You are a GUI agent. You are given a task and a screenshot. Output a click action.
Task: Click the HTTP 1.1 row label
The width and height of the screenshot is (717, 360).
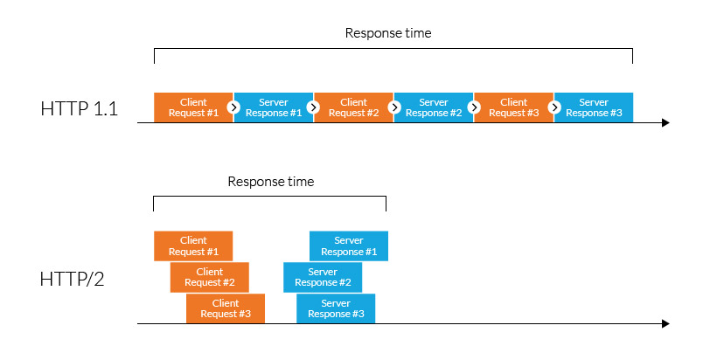(x=79, y=109)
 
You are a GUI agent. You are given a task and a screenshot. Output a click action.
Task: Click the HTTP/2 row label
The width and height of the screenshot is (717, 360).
(x=72, y=280)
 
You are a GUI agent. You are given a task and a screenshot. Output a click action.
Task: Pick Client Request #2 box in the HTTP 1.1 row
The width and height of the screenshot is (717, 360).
(x=353, y=107)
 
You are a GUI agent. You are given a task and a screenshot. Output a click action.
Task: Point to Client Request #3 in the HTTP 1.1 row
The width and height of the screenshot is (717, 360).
(x=513, y=107)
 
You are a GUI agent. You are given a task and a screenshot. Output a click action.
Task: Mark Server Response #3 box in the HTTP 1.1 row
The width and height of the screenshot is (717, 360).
(x=595, y=107)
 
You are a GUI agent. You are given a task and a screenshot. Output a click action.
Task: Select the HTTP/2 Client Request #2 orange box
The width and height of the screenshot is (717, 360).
(x=210, y=277)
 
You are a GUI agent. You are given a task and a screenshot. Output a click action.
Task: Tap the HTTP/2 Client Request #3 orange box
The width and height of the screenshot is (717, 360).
(x=226, y=308)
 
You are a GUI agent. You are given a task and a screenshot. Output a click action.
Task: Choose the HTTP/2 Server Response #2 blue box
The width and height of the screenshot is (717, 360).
(x=323, y=277)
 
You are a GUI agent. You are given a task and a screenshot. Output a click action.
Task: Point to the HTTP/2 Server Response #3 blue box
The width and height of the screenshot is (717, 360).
(x=336, y=308)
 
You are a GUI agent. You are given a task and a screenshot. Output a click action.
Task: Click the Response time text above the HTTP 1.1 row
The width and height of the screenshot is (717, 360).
(x=388, y=33)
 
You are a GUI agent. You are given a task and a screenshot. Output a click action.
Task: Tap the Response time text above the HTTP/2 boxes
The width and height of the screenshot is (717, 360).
(x=270, y=182)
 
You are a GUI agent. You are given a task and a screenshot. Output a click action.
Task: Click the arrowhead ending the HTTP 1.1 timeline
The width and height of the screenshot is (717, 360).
(x=665, y=123)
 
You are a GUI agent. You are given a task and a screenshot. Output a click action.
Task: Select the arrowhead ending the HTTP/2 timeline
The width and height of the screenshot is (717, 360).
(x=665, y=324)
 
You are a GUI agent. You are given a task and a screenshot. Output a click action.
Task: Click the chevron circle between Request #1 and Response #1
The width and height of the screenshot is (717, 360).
(x=233, y=107)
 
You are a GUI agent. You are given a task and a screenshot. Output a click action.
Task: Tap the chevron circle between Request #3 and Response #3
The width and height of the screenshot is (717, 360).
(x=554, y=107)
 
